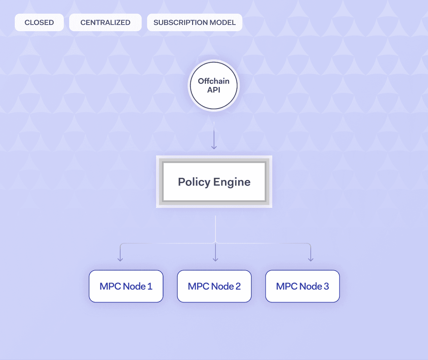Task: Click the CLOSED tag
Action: point(39,22)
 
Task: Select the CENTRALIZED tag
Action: point(105,22)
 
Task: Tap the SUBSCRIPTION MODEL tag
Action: point(195,22)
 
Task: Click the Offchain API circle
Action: point(214,85)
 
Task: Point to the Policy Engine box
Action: point(214,182)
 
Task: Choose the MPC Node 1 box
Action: point(126,286)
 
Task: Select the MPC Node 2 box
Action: point(214,286)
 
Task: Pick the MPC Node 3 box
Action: point(302,286)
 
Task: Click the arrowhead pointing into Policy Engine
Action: point(214,147)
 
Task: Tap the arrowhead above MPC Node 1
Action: point(120,259)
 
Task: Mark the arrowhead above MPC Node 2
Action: point(215,259)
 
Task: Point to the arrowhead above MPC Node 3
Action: point(311,259)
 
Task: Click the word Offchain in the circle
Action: point(214,81)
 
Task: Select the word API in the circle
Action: point(214,90)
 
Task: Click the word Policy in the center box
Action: point(194,182)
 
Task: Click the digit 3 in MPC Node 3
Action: point(326,286)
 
